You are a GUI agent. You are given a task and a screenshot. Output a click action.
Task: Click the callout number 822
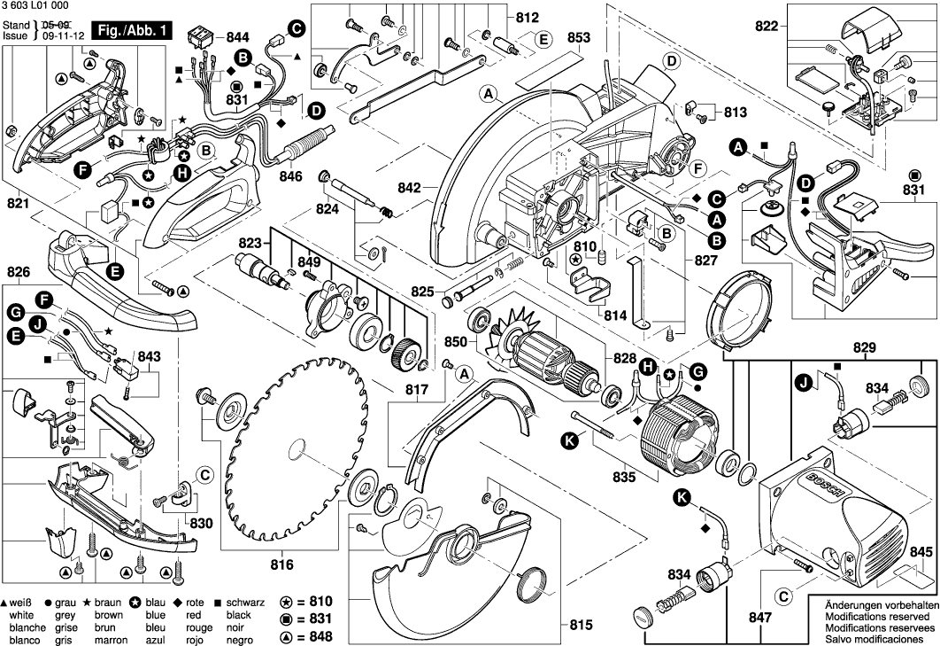pos(767,27)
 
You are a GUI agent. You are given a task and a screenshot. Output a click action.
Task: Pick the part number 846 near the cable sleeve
pos(291,175)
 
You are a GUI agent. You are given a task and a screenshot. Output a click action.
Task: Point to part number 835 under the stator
pos(625,479)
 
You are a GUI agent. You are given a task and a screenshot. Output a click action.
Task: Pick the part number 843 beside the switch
pos(150,356)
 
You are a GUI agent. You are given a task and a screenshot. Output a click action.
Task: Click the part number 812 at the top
pos(527,17)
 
